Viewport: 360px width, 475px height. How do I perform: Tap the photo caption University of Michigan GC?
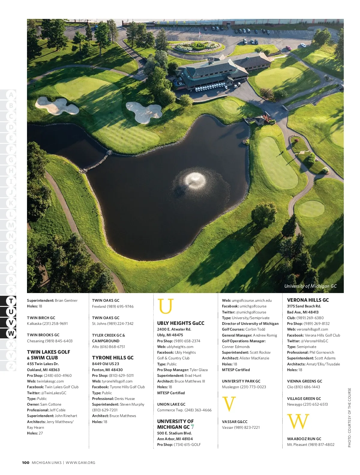click(x=310, y=286)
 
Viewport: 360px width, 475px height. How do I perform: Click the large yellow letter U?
click(x=166, y=306)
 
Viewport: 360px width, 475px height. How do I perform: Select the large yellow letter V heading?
click(x=229, y=404)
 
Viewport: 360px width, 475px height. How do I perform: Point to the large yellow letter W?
click(x=298, y=422)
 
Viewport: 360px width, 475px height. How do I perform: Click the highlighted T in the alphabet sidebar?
click(x=11, y=301)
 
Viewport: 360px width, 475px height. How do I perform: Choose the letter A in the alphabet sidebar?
click(x=11, y=95)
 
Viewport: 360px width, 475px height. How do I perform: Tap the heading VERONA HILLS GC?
click(x=308, y=300)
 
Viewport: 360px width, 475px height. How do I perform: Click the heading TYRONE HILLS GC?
click(x=113, y=358)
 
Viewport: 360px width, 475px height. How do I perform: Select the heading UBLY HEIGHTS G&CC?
click(x=181, y=323)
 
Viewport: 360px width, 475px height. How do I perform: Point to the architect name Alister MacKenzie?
click(x=254, y=358)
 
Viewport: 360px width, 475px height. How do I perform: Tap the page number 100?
click(x=25, y=463)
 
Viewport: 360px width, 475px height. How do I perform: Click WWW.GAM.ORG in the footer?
click(x=80, y=463)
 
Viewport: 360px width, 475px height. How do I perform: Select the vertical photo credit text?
click(x=349, y=418)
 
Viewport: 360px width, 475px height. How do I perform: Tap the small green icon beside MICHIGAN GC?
click(x=192, y=427)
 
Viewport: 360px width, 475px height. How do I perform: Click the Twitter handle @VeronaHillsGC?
click(x=314, y=341)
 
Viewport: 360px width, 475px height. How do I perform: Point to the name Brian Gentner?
click(x=66, y=301)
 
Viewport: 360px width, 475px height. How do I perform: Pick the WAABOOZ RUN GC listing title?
click(x=304, y=439)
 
